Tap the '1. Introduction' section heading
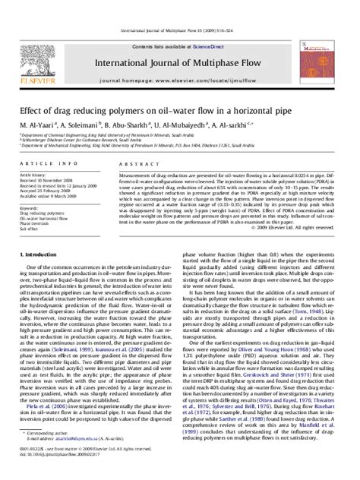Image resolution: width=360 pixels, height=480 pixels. (x=36, y=254)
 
